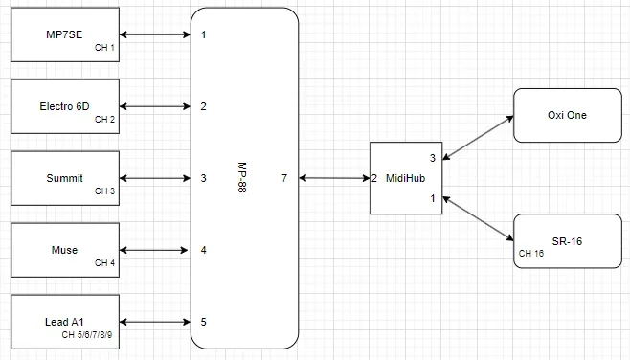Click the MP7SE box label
(x=64, y=35)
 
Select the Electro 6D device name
(x=64, y=106)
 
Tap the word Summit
(x=64, y=178)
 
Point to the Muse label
(x=64, y=250)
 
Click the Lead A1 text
(x=64, y=322)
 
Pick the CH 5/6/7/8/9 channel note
(x=87, y=335)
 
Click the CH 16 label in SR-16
(x=530, y=254)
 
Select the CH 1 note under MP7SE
(x=104, y=47)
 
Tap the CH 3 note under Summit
(x=104, y=191)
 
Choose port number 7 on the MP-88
(x=284, y=178)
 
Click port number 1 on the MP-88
(x=203, y=35)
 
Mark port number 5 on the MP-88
(x=203, y=322)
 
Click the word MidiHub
(x=400, y=178)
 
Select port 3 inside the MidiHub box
(x=432, y=158)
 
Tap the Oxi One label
(x=567, y=115)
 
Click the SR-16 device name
(x=567, y=240)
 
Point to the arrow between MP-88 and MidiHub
(x=334, y=178)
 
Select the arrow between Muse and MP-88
(x=156, y=250)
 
